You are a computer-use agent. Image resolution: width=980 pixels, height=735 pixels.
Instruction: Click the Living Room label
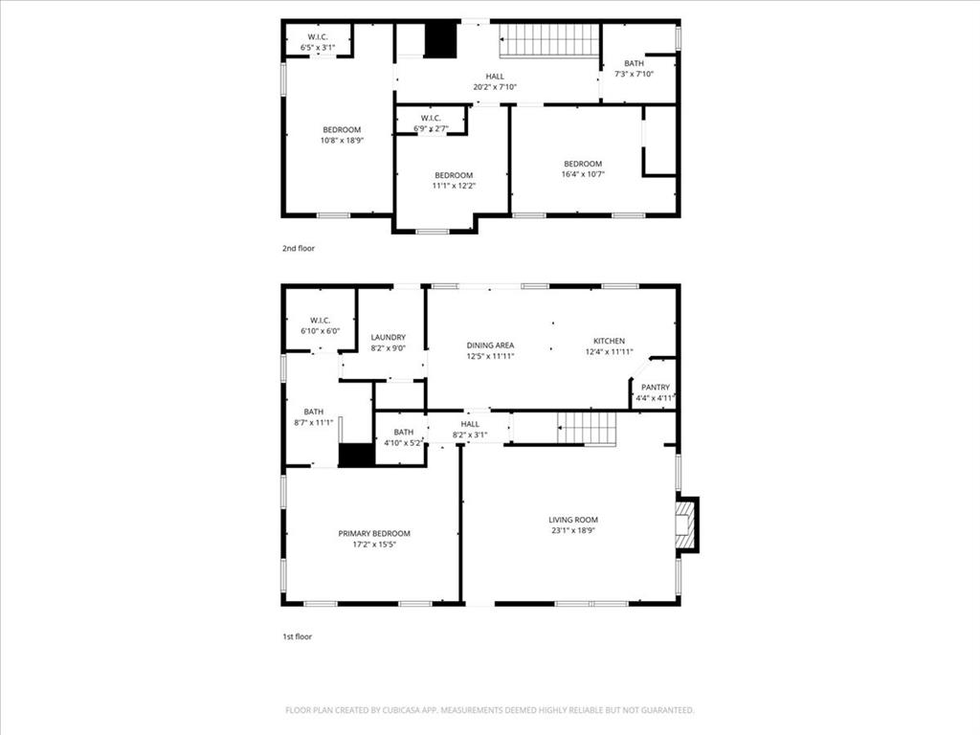click(x=573, y=520)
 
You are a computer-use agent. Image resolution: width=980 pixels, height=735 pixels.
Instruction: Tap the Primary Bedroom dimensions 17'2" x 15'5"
click(x=373, y=545)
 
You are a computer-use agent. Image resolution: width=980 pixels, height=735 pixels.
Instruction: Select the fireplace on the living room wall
click(x=686, y=524)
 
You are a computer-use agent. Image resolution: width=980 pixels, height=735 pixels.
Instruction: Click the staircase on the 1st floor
click(x=587, y=428)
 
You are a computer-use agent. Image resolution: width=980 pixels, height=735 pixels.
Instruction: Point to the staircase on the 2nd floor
click(x=549, y=40)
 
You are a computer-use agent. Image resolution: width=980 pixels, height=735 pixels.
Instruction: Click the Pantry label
click(x=656, y=388)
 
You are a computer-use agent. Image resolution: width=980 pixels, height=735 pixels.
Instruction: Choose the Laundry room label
click(x=388, y=337)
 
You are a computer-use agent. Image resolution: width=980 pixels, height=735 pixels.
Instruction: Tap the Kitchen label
click(x=609, y=341)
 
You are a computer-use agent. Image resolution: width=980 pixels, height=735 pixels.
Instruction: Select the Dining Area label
click(x=490, y=345)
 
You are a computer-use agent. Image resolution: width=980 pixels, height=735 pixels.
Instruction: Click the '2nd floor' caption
click(x=298, y=248)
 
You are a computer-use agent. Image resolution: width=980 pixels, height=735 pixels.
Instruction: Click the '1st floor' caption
click(x=297, y=635)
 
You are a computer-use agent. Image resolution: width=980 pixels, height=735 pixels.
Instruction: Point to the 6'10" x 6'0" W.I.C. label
click(x=320, y=324)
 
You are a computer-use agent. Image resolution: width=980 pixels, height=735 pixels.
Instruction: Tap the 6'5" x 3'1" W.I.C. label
click(x=318, y=41)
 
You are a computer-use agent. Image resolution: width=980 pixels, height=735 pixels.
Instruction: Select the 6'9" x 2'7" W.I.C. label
click(x=431, y=122)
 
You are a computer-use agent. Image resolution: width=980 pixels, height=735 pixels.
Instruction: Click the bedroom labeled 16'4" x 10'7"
click(x=582, y=168)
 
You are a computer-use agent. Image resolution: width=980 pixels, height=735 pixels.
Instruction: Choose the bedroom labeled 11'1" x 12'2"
click(x=454, y=180)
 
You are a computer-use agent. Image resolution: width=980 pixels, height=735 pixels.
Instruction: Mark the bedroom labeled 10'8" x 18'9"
click(x=342, y=135)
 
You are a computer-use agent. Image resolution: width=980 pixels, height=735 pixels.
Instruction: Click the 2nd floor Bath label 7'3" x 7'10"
click(x=635, y=68)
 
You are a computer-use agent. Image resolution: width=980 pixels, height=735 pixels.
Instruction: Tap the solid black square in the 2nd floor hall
click(x=441, y=40)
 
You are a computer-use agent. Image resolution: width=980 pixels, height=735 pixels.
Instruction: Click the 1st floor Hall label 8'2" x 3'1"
click(x=470, y=429)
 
